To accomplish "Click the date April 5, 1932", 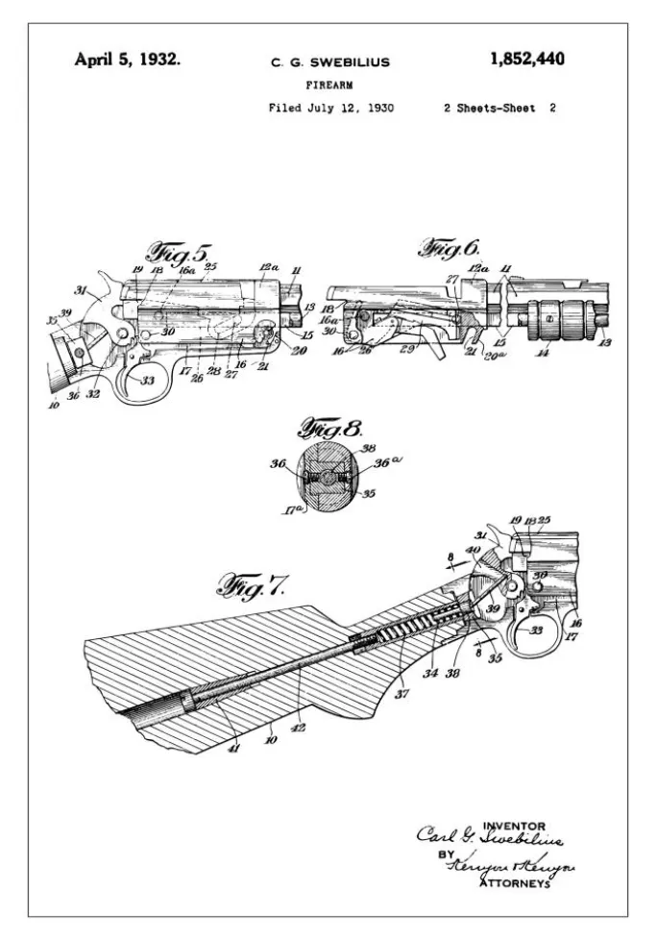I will (127, 60).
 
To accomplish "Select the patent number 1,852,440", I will (526, 60).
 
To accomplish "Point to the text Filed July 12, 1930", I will (330, 108).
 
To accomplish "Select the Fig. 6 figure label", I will (449, 248).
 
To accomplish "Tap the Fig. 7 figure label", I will (254, 583).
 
